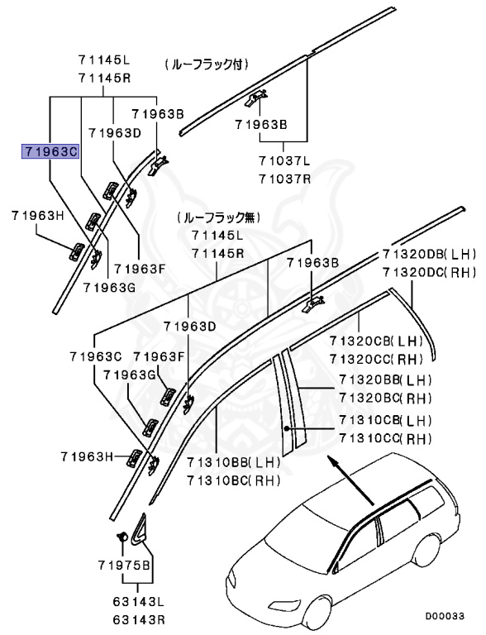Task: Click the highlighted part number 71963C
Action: click(50, 151)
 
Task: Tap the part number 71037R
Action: click(283, 178)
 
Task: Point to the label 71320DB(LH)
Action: click(430, 253)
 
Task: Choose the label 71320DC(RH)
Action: click(430, 271)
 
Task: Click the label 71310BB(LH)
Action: click(234, 462)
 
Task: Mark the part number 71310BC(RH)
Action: click(234, 480)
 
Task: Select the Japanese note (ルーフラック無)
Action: click(217, 218)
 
